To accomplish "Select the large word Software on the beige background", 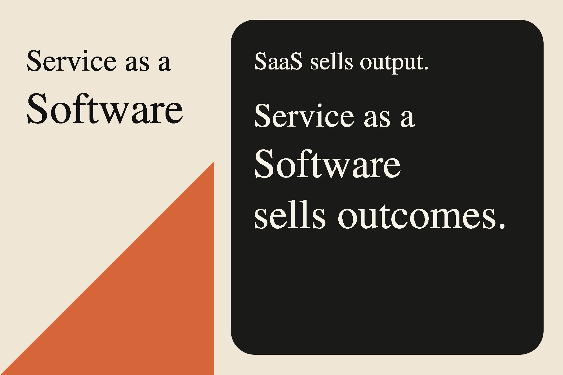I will (x=105, y=109).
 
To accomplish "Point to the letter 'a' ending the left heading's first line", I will (x=164, y=64).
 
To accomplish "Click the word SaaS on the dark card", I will (x=278, y=61).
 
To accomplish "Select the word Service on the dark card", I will (x=304, y=116).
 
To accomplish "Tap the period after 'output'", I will (x=426, y=68).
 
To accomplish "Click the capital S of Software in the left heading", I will (x=37, y=109).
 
